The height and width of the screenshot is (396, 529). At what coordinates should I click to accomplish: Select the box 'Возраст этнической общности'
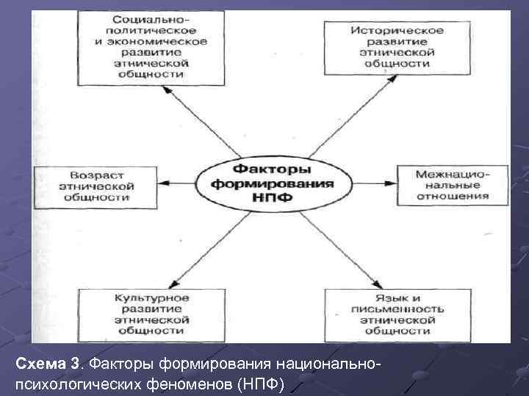(x=101, y=186)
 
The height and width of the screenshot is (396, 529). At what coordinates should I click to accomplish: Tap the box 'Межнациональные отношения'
(x=451, y=185)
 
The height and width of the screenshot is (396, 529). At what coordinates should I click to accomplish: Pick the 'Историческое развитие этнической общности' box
(x=397, y=47)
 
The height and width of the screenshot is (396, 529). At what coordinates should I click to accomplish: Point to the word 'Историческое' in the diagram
(x=397, y=30)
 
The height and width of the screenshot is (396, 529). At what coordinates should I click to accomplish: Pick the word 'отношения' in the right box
(x=452, y=197)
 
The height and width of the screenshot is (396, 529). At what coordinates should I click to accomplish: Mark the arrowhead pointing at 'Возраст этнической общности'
(x=165, y=182)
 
